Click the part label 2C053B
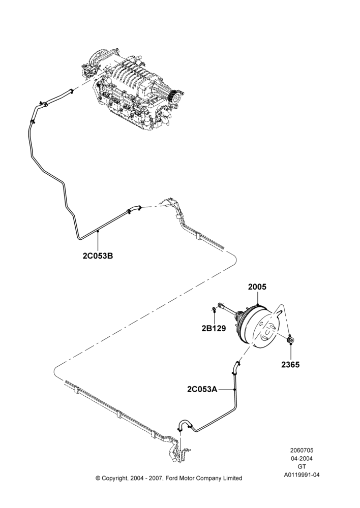coord(98,256)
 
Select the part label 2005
coord(257,287)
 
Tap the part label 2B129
coord(214,328)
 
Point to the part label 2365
coord(291,364)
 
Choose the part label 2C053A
coord(202,389)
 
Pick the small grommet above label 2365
coord(290,340)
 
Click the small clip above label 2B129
coord(214,309)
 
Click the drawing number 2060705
coord(302,450)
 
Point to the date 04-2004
coord(302,458)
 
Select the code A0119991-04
coord(302,475)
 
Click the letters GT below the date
coord(302,467)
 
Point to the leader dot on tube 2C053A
coord(234,389)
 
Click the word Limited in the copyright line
coord(232,478)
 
